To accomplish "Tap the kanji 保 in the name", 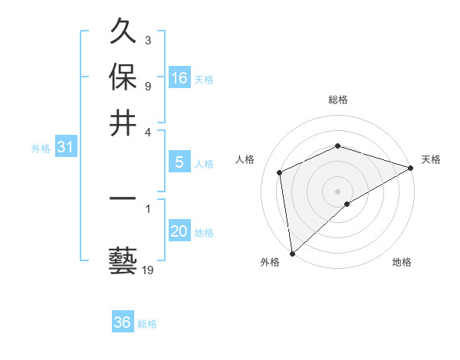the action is [123, 77].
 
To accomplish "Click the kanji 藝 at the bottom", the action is [123, 260].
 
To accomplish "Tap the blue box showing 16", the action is [179, 78].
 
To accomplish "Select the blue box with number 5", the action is [179, 162].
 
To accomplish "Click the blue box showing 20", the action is [179, 231].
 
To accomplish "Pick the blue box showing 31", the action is [65, 148].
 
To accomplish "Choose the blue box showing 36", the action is [123, 322].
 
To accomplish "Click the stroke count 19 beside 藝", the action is [147, 270].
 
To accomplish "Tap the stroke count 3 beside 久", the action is [147, 40].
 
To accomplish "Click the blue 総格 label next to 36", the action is [147, 324].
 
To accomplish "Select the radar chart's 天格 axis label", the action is [431, 159].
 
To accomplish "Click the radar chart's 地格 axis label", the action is [402, 262].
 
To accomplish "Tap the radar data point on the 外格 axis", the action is [291, 254].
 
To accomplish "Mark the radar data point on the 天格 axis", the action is [411, 168].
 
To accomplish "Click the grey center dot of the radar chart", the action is [337, 191].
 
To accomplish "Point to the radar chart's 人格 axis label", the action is [245, 159].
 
